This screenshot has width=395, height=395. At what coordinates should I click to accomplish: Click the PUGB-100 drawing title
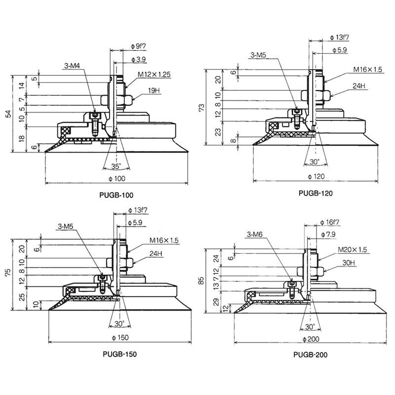coord(116,195)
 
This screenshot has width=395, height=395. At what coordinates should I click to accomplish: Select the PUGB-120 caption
coord(316,193)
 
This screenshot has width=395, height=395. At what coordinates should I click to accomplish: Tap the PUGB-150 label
coord(119,354)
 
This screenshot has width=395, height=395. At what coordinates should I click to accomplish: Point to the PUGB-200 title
coord(311,355)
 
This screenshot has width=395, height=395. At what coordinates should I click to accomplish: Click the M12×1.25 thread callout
coord(154,75)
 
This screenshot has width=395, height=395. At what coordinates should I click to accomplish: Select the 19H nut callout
coord(154,90)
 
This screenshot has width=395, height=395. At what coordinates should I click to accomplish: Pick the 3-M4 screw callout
coord(72,66)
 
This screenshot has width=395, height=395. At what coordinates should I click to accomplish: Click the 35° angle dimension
coord(116,166)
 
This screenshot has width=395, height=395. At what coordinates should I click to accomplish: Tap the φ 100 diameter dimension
coord(117,179)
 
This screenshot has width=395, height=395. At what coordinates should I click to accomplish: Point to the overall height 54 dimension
coord(8,114)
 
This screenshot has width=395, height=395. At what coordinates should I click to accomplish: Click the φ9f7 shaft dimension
coord(138,46)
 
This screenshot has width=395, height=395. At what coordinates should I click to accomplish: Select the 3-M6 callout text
coord(254,235)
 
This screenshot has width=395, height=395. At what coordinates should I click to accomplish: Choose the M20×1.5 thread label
coord(353,250)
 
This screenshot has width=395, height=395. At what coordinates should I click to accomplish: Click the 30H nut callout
coord(349,263)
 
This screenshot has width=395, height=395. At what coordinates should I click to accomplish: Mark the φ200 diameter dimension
coord(311,339)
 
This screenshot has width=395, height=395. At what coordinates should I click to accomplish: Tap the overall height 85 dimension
coord(201,280)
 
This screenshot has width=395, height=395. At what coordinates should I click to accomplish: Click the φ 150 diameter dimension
coord(120,338)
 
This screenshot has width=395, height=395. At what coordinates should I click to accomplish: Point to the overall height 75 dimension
coord(8,272)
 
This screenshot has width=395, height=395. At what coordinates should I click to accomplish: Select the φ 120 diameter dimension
coord(316,177)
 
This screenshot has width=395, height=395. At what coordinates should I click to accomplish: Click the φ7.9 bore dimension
coord(328,235)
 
